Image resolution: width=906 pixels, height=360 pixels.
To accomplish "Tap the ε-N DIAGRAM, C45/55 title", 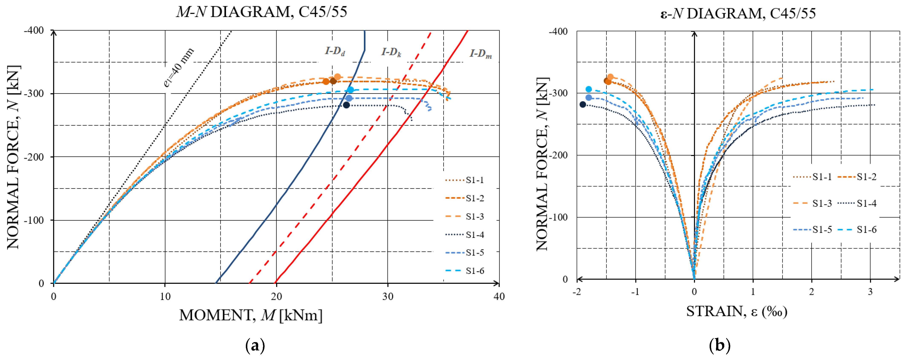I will point(738,13).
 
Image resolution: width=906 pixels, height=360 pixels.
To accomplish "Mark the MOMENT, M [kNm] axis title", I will point(251,315).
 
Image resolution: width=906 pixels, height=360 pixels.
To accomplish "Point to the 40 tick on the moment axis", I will point(499,296).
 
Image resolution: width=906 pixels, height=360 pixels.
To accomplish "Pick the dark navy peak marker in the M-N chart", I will point(346,105).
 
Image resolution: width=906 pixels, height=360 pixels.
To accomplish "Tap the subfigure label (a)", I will point(255,346).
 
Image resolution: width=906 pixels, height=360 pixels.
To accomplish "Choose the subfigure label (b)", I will point(720,346).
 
